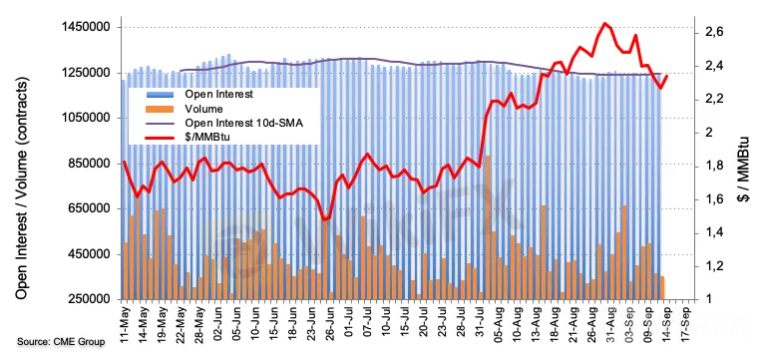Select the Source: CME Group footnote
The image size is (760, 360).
click(61, 342)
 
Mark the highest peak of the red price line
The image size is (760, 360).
click(604, 23)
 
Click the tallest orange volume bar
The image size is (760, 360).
click(488, 227)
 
